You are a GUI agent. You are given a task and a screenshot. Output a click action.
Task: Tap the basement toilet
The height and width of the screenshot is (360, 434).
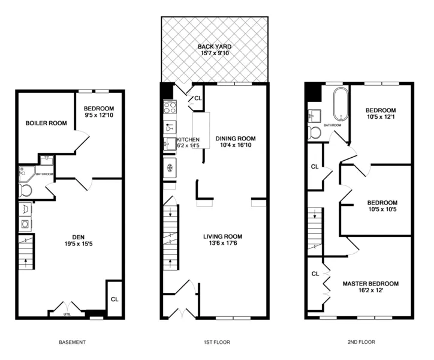(x=26, y=191)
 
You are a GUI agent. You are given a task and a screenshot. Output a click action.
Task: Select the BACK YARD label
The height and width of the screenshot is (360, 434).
(x=215, y=46)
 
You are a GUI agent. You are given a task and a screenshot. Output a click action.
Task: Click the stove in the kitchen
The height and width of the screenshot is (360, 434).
(x=169, y=107)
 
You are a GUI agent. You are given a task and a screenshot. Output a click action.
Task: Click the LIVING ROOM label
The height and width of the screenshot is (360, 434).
(x=227, y=236)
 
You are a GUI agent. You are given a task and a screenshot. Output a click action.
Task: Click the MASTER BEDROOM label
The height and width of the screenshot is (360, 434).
(x=370, y=283)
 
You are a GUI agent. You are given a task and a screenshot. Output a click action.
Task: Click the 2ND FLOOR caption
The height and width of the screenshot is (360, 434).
(x=361, y=343)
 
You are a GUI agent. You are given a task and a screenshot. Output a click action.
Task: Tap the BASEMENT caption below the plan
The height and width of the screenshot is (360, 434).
(x=72, y=343)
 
